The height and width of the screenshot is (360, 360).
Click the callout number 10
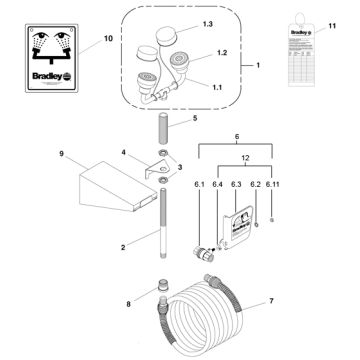[x=81, y=41]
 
